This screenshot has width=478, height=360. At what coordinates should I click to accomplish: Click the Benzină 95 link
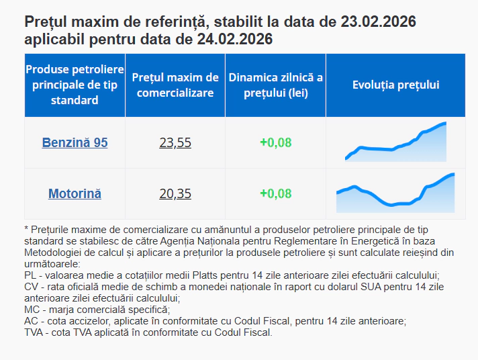point(75,142)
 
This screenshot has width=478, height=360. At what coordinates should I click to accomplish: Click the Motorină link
point(75,193)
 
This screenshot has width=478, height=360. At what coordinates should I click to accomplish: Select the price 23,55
point(175,142)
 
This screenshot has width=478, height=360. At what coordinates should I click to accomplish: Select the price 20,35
point(175,193)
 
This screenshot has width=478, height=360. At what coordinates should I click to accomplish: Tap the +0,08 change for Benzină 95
point(275,142)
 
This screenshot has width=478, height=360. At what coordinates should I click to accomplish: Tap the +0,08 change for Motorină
point(275,193)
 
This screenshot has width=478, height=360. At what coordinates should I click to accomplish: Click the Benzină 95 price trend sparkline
point(395,143)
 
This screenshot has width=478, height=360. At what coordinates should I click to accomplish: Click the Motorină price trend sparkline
point(395,194)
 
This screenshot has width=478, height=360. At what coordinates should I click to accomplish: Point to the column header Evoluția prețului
point(395,85)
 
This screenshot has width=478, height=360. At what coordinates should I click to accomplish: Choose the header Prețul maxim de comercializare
point(175,85)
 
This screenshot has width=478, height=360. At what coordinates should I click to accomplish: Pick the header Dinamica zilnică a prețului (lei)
point(275,85)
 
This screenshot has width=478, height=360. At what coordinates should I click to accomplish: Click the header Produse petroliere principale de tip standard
point(75,85)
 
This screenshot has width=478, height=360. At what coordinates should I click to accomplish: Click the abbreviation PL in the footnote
point(30,275)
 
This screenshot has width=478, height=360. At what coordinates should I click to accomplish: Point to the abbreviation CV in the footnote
point(31,287)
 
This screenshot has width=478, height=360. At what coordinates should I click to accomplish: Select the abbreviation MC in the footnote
point(32,310)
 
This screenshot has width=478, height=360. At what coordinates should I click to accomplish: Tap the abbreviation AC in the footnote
point(31,321)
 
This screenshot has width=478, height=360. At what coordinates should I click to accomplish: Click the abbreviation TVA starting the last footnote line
point(34,332)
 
